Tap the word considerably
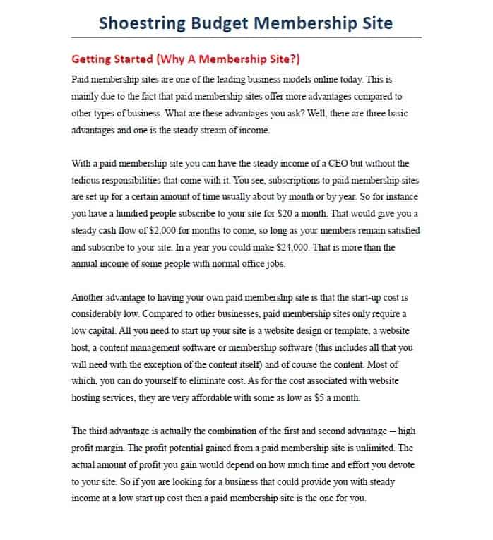[x=98, y=313]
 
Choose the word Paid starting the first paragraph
[x=82, y=80]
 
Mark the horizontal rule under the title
[x=246, y=37]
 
